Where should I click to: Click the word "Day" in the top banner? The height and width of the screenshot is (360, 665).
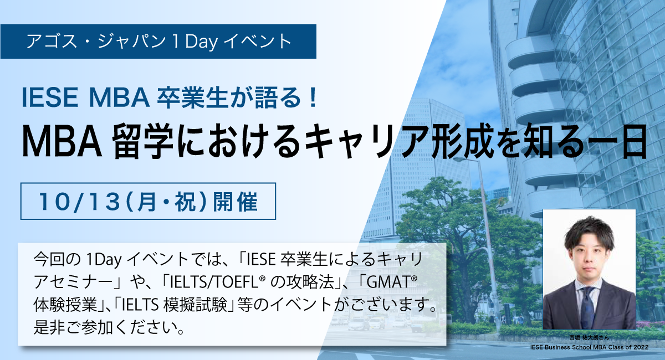click(x=202, y=42)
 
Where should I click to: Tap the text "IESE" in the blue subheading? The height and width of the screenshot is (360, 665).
click(x=50, y=97)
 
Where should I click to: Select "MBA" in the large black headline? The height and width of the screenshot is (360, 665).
click(x=62, y=143)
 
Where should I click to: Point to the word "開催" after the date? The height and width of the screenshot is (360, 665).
click(x=236, y=202)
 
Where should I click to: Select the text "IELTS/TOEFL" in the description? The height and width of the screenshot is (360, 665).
click(x=214, y=282)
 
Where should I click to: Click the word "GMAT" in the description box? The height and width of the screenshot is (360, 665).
click(x=388, y=282)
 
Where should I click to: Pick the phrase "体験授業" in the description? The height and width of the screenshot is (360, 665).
click(x=65, y=305)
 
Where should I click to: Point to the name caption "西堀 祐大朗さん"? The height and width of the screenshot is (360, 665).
click(x=589, y=337)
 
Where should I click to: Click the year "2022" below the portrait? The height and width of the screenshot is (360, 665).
click(x=641, y=347)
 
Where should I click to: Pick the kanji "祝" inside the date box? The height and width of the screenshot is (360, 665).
click(x=185, y=202)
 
